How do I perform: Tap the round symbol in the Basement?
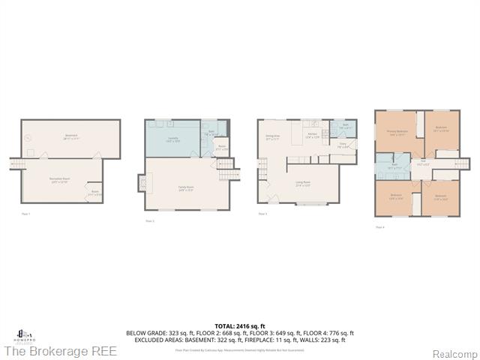click(x=28, y=138)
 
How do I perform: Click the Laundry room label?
click(x=172, y=139)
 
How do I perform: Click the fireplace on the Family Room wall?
click(x=142, y=184)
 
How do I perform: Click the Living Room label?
click(x=303, y=184)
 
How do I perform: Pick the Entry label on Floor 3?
click(x=342, y=146)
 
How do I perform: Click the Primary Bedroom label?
click(x=397, y=132)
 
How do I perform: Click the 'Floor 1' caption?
click(x=26, y=214)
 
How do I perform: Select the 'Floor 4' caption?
click(x=379, y=226)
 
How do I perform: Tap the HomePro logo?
click(x=22, y=334)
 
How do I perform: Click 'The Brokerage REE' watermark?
click(x=60, y=351)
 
